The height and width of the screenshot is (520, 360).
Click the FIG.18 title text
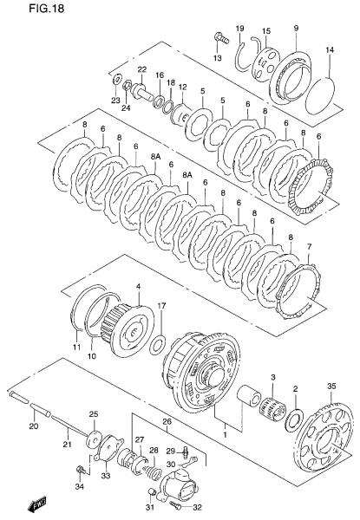[x=46, y=9]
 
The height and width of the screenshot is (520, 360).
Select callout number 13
[x=218, y=58]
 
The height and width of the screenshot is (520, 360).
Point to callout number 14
[x=330, y=50]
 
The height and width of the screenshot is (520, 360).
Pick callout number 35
[x=331, y=386]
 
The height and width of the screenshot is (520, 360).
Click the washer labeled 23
[x=116, y=80]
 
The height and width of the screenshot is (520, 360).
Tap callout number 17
[x=161, y=306]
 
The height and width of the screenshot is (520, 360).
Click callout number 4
[x=138, y=286]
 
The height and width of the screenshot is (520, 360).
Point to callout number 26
[x=167, y=422]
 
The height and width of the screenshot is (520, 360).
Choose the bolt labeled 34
[x=80, y=470]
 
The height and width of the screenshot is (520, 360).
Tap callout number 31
[x=150, y=507]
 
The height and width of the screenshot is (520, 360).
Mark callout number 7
[x=309, y=246]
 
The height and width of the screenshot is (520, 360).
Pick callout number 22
[x=142, y=69]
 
